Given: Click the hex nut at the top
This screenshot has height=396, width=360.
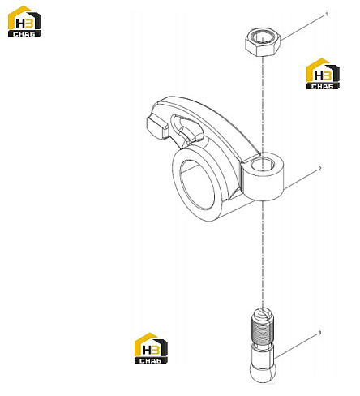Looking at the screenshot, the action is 263,42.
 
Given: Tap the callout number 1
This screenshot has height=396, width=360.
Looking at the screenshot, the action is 326,15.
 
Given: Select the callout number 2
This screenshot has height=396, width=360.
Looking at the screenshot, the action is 319,169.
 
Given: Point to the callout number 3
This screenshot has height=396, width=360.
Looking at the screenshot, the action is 319,333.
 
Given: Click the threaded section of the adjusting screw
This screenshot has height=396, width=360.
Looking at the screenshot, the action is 262,331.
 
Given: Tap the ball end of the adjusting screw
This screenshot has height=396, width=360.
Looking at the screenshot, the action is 262,372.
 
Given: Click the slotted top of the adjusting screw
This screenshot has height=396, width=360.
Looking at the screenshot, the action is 262,314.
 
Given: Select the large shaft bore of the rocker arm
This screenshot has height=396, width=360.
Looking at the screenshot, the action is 197,184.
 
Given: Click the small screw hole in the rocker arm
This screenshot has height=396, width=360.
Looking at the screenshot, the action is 262,164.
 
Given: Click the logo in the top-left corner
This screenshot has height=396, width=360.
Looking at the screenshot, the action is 24,21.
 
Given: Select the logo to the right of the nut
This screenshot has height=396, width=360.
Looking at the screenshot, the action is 323,74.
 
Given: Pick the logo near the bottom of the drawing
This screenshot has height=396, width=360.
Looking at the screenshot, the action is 151,348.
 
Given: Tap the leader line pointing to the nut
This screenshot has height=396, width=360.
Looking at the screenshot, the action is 302,28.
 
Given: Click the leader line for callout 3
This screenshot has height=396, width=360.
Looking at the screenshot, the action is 295,346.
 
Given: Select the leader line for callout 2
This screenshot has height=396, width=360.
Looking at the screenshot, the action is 300,180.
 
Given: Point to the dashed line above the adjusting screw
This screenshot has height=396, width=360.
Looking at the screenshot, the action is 262,255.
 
